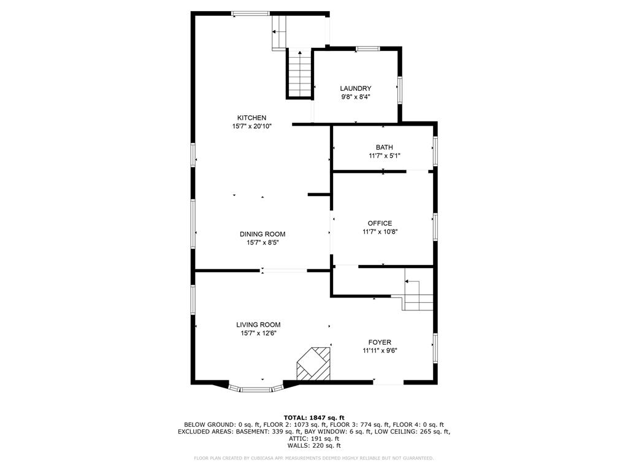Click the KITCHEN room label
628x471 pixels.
coord(251,118)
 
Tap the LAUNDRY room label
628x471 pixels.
coord(356,88)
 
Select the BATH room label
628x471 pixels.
coord(384,147)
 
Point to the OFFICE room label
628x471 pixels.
coord(380,223)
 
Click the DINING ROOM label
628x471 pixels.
coord(262,234)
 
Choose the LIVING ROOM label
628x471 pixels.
coord(258,325)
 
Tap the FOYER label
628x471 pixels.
coord(380,342)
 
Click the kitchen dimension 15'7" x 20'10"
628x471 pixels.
coord(251,126)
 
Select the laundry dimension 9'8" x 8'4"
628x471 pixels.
coord(356,97)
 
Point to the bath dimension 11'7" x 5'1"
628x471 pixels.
coord(384,156)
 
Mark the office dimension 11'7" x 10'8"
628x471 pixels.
coord(380,232)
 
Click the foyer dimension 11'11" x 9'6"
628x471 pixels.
coord(380,351)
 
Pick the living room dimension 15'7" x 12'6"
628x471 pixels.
coord(258,334)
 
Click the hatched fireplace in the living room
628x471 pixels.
coord(314,364)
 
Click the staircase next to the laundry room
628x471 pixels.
coord(300,74)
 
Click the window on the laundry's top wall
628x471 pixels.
coord(368,48)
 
